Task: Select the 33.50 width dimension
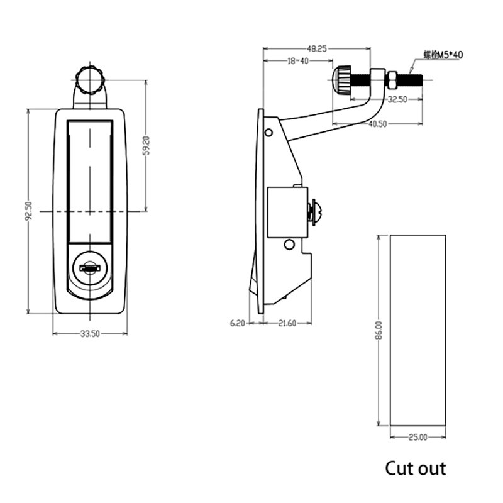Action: tap(90, 334)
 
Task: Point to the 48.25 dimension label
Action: tap(316, 48)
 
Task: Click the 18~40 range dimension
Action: tap(297, 61)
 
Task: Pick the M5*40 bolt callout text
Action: tap(443, 55)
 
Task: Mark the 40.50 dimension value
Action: tap(377, 124)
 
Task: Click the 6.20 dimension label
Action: tap(237, 323)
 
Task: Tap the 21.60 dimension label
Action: tap(287, 323)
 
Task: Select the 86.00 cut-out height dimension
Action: tap(379, 330)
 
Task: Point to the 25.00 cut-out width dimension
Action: tap(417, 436)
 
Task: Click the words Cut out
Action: tap(415, 468)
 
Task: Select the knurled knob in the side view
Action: tap(342, 80)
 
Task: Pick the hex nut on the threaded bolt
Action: tap(390, 79)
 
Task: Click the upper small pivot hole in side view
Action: tap(268, 133)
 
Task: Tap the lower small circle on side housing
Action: tap(289, 244)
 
